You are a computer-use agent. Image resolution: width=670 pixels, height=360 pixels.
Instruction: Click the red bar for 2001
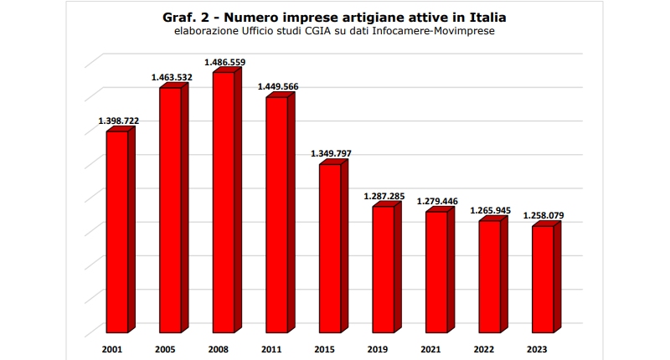[117, 230]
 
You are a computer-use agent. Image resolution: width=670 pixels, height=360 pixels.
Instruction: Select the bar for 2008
[224, 201]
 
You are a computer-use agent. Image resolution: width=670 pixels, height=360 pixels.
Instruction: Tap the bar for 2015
[330, 247]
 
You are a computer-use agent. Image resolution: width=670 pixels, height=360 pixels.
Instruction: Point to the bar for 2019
[384, 268]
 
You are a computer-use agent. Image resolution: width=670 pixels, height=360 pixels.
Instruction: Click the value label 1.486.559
[225, 62]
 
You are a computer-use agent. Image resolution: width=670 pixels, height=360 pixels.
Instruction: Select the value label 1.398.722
[119, 121]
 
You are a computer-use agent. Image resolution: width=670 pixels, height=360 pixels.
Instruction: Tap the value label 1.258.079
[544, 215]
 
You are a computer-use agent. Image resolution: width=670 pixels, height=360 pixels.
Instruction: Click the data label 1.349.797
[331, 154]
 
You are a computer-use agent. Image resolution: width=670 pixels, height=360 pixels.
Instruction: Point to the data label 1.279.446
[437, 201]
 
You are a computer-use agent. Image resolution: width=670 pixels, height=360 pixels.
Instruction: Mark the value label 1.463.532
[172, 78]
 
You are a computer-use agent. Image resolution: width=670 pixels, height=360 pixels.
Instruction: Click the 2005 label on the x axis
[165, 348]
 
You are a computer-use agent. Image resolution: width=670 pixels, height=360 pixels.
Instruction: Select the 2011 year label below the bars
[271, 348]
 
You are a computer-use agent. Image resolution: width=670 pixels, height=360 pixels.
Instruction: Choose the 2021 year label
[431, 348]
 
